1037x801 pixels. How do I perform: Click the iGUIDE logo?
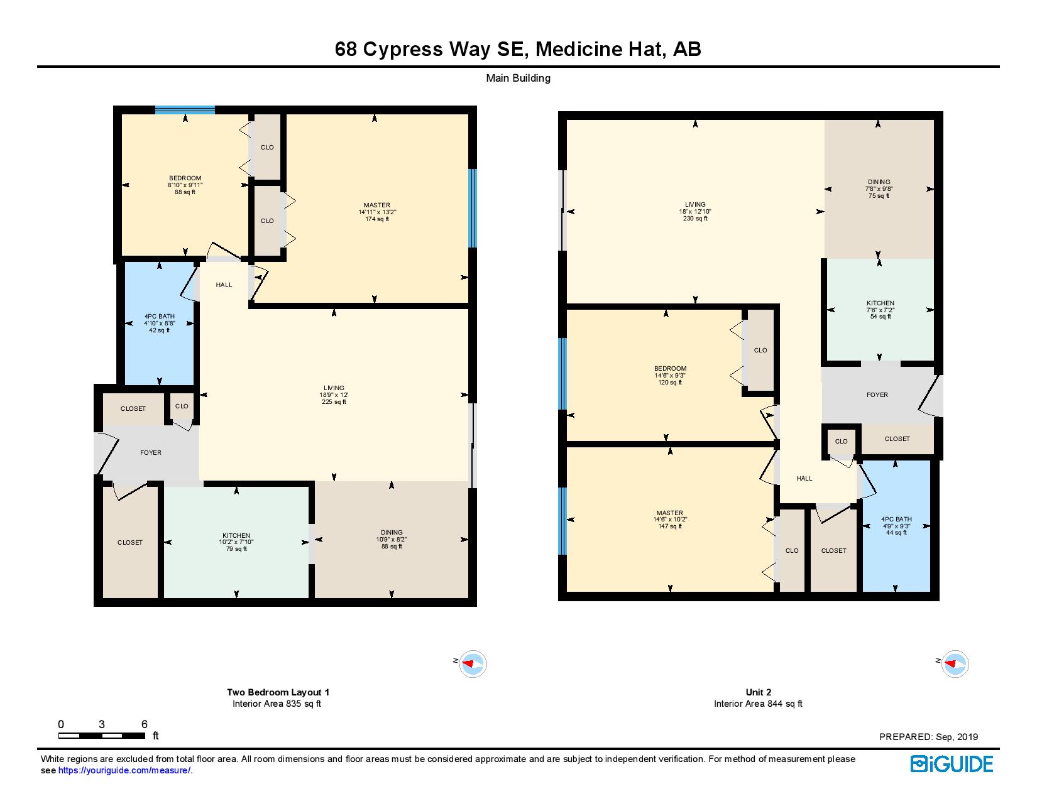952,764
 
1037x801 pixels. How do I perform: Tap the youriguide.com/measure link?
124,770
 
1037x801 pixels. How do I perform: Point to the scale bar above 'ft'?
102,736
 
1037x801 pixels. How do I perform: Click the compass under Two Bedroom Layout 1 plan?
473,663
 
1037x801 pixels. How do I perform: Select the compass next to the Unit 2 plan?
955,663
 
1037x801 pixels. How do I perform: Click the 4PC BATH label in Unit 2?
896,519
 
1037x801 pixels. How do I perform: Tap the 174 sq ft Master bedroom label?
377,212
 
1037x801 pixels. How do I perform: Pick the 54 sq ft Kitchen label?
881,310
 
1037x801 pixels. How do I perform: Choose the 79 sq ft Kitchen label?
236,542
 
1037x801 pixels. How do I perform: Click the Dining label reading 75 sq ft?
879,188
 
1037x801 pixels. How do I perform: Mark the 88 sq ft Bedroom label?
185,185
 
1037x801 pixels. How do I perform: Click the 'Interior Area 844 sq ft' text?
759,704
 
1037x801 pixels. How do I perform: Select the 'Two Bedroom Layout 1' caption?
278,692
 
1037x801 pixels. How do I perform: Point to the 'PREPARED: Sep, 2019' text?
929,737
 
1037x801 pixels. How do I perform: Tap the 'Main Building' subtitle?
518,79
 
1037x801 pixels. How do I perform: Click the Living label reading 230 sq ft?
695,211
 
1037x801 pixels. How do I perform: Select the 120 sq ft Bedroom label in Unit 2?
670,376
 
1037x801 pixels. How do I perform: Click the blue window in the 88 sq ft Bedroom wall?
185,110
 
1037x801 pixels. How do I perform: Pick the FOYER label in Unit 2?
877,395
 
